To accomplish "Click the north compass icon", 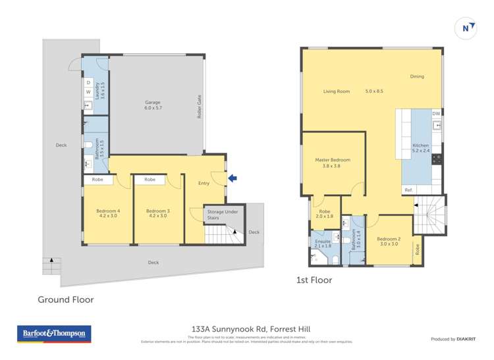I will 466,28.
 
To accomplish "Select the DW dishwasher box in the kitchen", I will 435,114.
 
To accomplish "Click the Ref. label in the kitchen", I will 408,190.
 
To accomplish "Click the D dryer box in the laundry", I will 88,83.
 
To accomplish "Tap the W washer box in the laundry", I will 88,92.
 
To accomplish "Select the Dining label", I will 417,76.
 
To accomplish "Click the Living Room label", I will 336,91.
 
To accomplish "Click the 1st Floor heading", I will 314,280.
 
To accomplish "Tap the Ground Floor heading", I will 65,299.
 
